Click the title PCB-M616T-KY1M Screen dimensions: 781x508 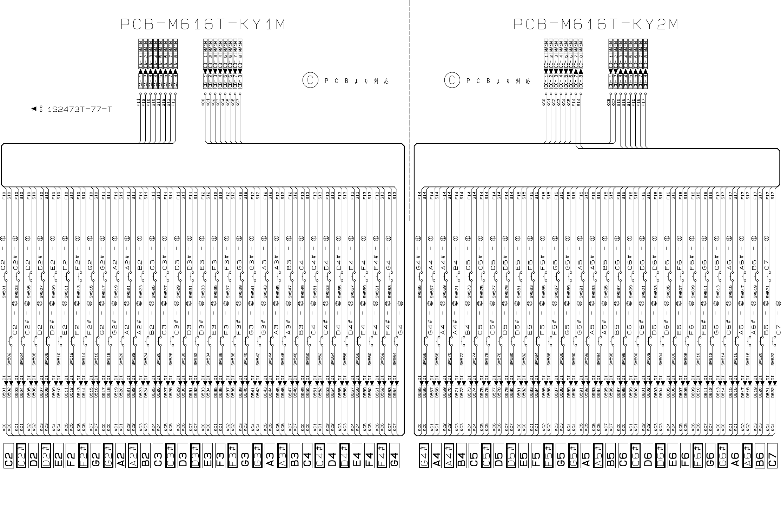[203, 25]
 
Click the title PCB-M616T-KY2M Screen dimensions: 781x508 [595, 25]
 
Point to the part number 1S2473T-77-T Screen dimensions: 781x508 [80, 109]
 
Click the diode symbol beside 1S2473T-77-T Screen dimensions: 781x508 [34, 109]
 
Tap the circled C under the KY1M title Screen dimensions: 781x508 [310, 81]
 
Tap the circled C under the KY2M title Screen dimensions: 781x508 [452, 81]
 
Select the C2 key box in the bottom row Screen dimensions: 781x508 [9, 460]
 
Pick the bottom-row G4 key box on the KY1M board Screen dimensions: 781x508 [394, 460]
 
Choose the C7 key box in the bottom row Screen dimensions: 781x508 [773, 460]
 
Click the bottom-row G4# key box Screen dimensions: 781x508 [424, 460]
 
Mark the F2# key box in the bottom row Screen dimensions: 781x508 [84, 460]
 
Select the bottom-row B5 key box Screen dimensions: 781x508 [610, 460]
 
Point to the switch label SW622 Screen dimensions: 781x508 [773, 359]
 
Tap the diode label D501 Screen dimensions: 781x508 [4, 392]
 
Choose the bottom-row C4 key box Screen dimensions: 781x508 [307, 460]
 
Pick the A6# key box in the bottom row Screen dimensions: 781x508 [748, 460]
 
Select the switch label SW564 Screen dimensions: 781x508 [394, 359]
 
